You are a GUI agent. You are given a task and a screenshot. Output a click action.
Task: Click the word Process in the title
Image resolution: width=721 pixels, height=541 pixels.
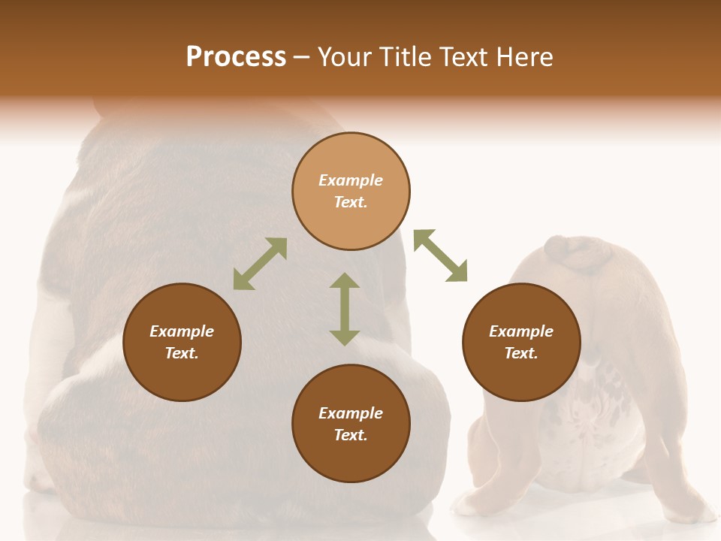(236, 57)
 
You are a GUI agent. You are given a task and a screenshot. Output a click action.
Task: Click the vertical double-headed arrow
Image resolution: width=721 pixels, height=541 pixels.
(345, 309)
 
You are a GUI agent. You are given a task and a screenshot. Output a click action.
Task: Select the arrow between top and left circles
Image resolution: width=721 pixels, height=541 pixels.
(260, 264)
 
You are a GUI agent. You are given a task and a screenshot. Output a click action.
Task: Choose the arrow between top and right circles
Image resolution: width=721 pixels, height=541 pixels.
(440, 255)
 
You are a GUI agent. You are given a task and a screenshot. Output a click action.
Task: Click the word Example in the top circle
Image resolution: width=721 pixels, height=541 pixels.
(351, 180)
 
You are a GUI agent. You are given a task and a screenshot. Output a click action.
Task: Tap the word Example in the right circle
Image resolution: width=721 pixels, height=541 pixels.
(521, 331)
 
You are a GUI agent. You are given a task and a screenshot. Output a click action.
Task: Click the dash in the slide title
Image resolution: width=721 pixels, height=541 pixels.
(302, 57)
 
